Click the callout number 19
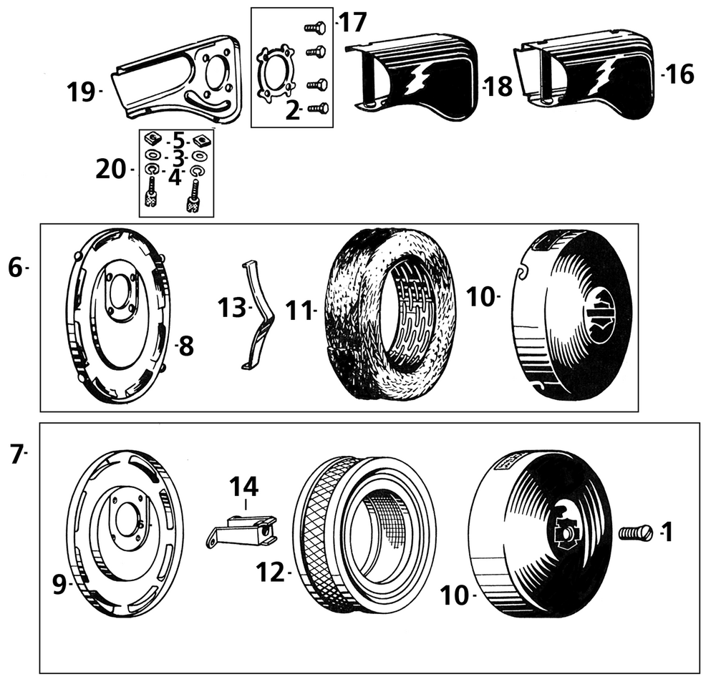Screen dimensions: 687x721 click(x=81, y=92)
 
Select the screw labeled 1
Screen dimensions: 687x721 click(x=635, y=532)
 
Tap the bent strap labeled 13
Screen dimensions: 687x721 click(x=256, y=316)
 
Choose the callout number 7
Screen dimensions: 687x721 click(x=16, y=453)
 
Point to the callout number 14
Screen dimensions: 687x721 click(x=244, y=488)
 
